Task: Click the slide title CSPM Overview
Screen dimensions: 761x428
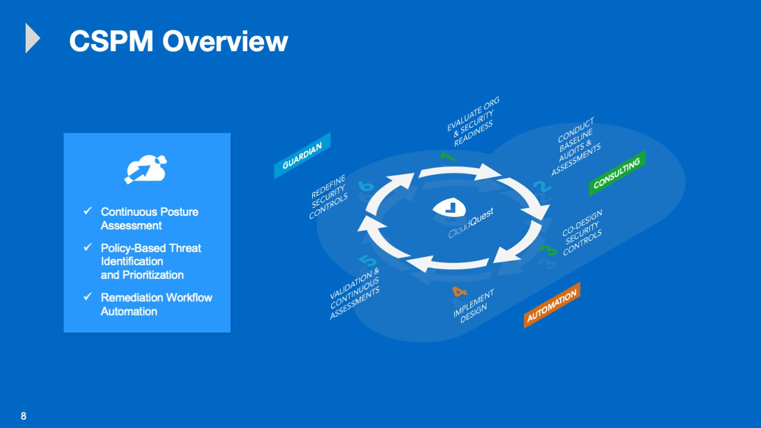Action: click(x=178, y=41)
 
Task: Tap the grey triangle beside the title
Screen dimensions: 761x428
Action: click(x=33, y=38)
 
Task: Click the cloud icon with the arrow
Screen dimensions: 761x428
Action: click(x=146, y=169)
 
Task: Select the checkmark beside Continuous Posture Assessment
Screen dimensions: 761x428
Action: click(x=87, y=211)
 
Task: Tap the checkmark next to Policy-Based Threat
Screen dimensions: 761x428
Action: click(x=87, y=247)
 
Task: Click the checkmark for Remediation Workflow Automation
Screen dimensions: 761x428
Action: click(x=87, y=297)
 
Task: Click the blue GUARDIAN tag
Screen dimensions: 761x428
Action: click(x=302, y=156)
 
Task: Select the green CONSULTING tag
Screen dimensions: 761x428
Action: click(x=617, y=173)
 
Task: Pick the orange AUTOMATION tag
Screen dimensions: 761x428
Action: click(x=552, y=306)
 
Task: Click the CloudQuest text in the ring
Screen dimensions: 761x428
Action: click(x=471, y=223)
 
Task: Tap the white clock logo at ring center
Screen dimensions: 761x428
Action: click(x=449, y=207)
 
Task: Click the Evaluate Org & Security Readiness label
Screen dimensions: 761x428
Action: click(x=473, y=122)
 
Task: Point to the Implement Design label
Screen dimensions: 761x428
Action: click(x=473, y=306)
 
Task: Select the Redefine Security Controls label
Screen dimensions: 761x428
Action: click(x=329, y=197)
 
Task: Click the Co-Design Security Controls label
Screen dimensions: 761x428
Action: click(x=582, y=232)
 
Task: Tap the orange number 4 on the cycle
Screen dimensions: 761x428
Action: click(x=460, y=292)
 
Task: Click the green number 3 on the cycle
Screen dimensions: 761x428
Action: click(x=548, y=251)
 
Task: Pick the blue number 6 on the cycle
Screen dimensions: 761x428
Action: click(x=366, y=186)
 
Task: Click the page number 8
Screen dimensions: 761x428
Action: click(x=23, y=416)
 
